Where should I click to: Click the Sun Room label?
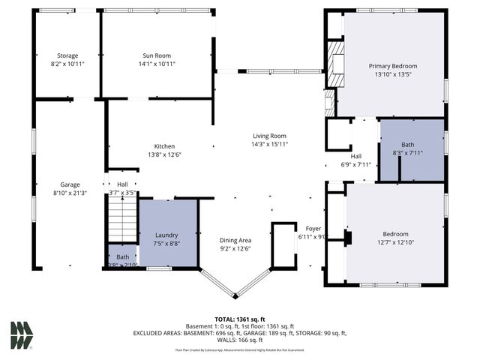click(157, 55)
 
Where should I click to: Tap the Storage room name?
click(68, 55)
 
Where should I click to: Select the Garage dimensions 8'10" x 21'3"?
click(70, 193)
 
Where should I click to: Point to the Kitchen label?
click(164, 145)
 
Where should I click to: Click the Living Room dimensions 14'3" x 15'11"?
click(269, 144)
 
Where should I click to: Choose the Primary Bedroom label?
click(394, 66)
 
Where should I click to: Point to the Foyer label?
click(313, 228)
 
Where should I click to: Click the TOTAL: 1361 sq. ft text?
click(239, 318)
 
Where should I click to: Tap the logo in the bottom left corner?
click(21, 335)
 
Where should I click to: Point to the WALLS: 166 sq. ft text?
click(240, 341)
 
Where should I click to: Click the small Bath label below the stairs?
click(121, 257)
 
